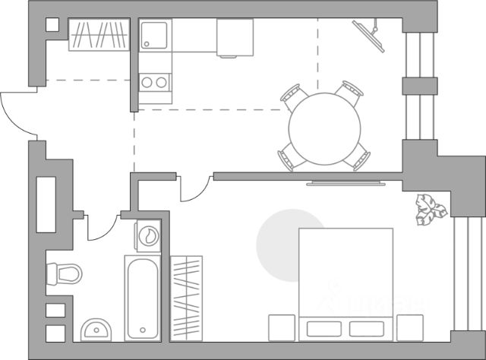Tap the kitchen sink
(156, 35)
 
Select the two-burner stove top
(155, 81)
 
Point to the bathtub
(143, 297)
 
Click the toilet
(64, 273)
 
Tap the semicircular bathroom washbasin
(95, 330)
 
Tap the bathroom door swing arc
(102, 228)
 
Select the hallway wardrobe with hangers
(99, 35)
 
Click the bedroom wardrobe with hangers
(186, 297)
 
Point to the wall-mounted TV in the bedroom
(346, 182)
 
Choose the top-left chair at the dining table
(292, 95)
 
